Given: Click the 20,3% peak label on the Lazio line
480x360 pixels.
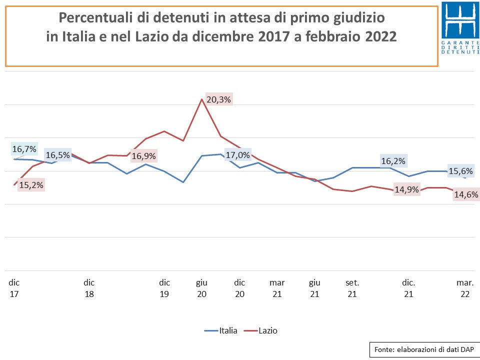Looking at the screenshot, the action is [x=218, y=99].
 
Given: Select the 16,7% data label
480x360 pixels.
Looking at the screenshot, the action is [x=24, y=149].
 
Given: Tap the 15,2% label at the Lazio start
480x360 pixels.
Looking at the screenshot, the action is [x=31, y=185].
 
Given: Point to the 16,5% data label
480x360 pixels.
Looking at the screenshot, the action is [x=58, y=155].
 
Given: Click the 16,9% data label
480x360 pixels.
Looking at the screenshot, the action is [x=143, y=156].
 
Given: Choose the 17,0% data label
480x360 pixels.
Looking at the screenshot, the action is [x=238, y=155].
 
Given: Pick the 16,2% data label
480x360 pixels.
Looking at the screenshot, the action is [x=393, y=161].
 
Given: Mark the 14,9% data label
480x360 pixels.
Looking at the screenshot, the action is [x=406, y=190].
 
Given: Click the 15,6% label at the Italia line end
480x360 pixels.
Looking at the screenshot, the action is [x=460, y=171].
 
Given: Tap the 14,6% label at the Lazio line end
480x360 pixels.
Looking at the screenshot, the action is [x=466, y=194].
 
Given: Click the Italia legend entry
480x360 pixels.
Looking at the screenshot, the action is [x=220, y=330].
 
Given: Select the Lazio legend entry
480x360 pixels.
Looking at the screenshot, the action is [x=261, y=330].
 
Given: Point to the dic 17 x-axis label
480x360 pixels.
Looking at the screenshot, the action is [x=14, y=288].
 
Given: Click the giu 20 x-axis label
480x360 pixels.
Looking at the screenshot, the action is [x=201, y=288].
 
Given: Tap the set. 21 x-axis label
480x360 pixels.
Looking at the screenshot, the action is [x=352, y=288].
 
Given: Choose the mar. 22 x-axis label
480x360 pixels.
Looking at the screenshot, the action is [x=465, y=288].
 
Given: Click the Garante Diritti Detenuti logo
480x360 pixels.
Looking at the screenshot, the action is [x=460, y=27].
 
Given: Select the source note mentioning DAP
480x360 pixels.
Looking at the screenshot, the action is [x=424, y=349].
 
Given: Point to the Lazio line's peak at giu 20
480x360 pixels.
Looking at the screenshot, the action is [x=201, y=99].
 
